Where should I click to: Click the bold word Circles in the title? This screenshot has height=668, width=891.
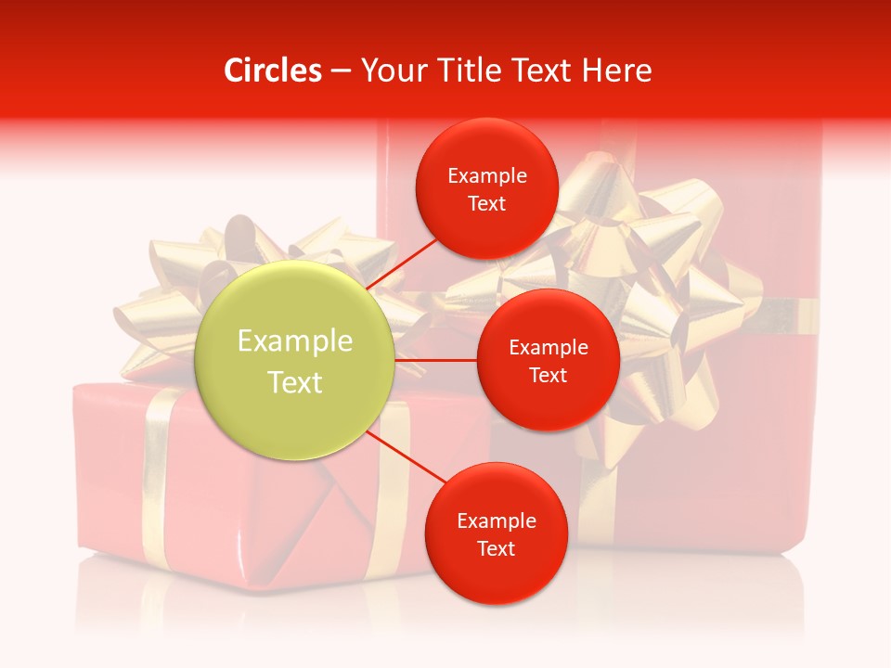click(272, 71)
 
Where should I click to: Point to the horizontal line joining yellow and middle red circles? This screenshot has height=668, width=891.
click(435, 360)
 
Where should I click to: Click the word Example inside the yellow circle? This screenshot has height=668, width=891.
click(295, 341)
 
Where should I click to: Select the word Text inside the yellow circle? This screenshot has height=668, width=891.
click(295, 382)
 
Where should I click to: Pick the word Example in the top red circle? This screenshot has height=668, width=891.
click(487, 176)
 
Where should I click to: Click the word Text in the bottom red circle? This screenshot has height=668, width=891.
click(496, 548)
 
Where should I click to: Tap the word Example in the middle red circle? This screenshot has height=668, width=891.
click(548, 348)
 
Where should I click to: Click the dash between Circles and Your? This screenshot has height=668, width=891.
click(340, 71)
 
